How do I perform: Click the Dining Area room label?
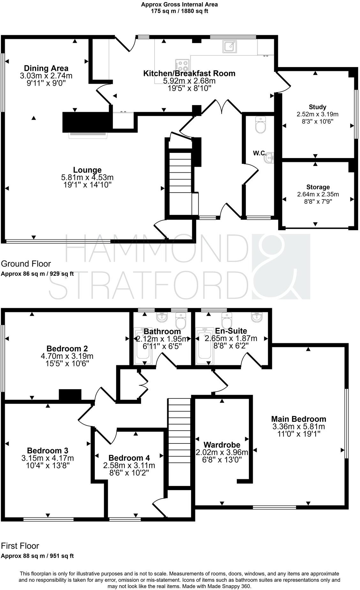pyautogui.click(x=46, y=68)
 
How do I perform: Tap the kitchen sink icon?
pyautogui.click(x=229, y=46)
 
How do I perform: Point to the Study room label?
pyautogui.click(x=318, y=107)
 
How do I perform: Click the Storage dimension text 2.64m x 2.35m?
pyautogui.click(x=318, y=194)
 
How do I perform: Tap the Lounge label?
pyautogui.click(x=87, y=170)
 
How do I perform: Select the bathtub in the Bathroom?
pyautogui.click(x=143, y=346)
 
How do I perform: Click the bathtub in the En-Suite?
pyautogui.click(x=204, y=346)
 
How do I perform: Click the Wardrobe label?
pyautogui.click(x=222, y=444)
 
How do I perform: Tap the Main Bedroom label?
pyautogui.click(x=299, y=419)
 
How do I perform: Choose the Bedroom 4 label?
pyautogui.click(x=129, y=458)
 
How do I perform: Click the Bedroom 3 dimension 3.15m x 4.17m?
pyautogui.click(x=48, y=458)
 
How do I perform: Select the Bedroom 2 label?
pyautogui.click(x=67, y=348)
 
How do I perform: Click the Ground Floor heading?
pyautogui.click(x=26, y=264)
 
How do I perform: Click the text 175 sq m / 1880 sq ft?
pyautogui.click(x=180, y=11)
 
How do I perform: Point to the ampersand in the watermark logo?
pyautogui.click(x=281, y=267)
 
